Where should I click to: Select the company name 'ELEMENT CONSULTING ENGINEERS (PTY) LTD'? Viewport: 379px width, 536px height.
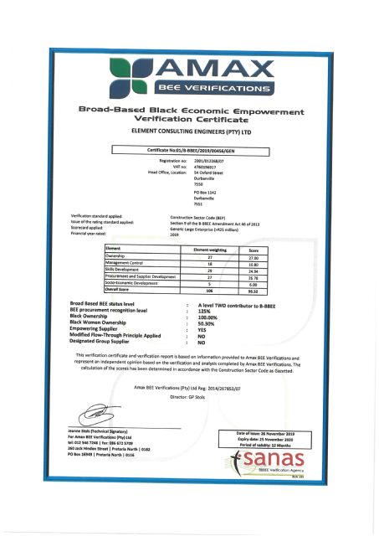click(190, 131)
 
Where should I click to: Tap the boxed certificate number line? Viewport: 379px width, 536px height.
click(188, 150)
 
